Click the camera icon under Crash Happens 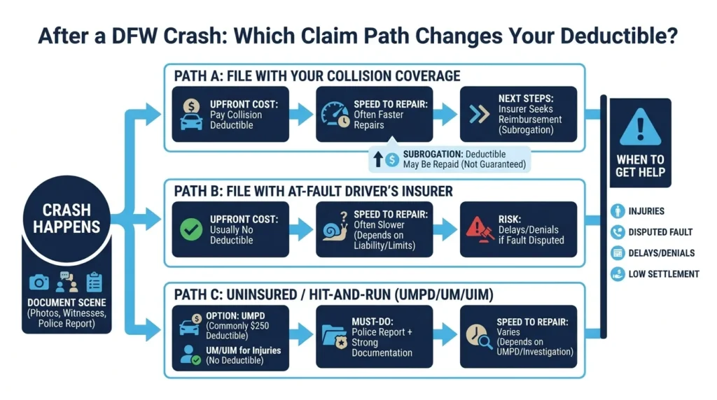(39, 283)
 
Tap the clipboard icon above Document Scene (95, 283)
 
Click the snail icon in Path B (335, 227)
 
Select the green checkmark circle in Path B (191, 229)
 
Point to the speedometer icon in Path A (335, 114)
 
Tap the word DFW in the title (134, 36)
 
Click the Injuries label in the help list (646, 211)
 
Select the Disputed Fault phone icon (618, 232)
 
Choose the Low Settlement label (664, 274)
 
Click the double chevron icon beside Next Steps (479, 114)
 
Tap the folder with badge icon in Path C (335, 336)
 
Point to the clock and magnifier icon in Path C (479, 336)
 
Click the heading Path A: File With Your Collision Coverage (317, 76)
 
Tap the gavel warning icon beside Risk (479, 229)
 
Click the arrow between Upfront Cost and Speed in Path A (301, 114)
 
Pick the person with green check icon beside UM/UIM (190, 355)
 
